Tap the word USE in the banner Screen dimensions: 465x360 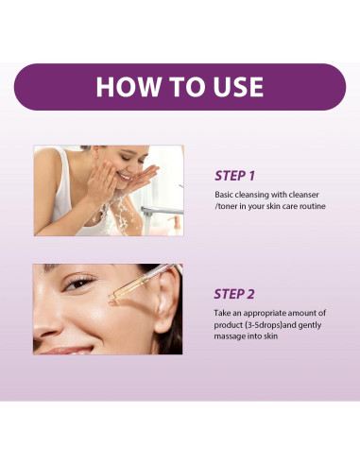231,87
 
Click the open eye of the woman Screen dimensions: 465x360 82,284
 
